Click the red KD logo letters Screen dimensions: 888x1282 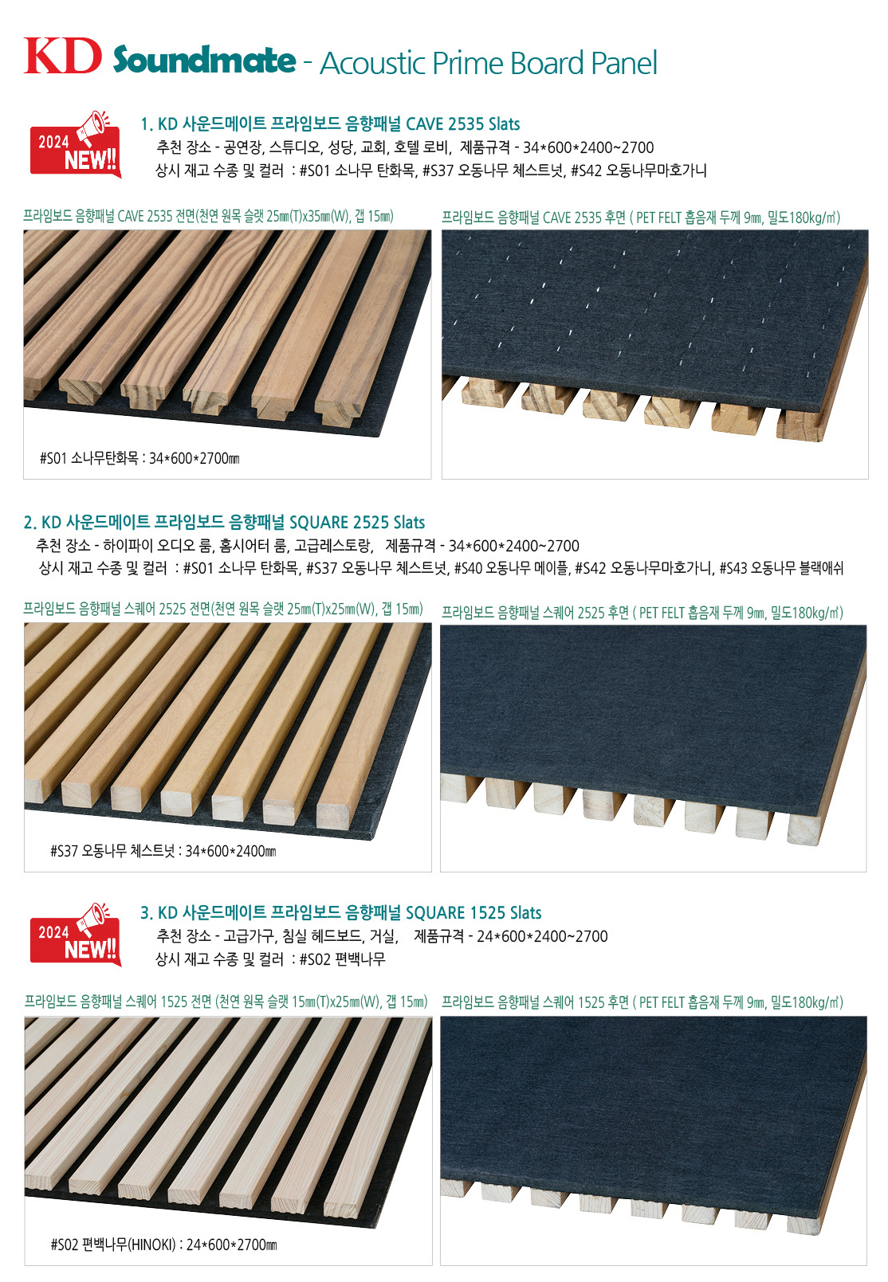62,56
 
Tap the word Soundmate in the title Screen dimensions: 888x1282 204,60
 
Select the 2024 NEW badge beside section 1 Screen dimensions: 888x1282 76,144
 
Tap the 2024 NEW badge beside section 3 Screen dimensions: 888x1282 76,935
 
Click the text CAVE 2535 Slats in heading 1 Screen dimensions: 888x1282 462,123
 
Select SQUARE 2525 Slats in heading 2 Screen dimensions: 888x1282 357,522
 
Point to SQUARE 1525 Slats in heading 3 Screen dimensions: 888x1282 473,912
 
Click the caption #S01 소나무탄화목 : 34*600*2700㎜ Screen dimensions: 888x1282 139,458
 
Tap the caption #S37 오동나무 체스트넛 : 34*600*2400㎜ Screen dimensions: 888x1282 163,850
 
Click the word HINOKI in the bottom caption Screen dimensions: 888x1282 151,1245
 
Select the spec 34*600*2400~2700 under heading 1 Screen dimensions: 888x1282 588,147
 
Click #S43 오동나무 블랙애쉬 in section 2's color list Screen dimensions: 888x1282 781,568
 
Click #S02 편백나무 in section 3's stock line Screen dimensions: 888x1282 343,959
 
